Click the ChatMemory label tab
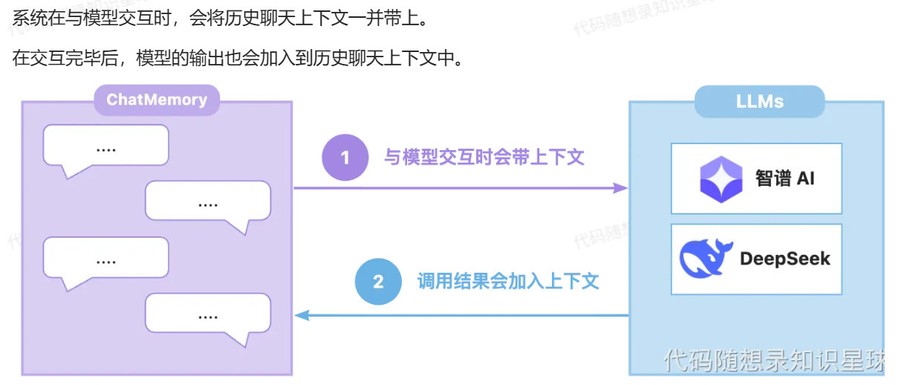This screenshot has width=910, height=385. [x=157, y=100]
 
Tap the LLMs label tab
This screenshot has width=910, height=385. [x=759, y=101]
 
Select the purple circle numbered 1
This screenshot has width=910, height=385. [x=345, y=158]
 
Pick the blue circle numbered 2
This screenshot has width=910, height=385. [x=378, y=282]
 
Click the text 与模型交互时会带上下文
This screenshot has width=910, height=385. [x=484, y=158]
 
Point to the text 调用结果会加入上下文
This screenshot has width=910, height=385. [x=508, y=282]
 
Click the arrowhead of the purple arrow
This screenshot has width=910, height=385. [x=621, y=188]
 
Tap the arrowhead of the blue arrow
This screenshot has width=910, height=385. [x=302, y=315]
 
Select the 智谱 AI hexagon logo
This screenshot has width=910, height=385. [x=721, y=179]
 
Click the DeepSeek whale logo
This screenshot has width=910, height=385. [x=705, y=258]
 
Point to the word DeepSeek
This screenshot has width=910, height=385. [x=784, y=259]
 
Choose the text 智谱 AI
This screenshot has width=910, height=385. [x=784, y=178]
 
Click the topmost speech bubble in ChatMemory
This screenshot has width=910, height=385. [x=106, y=146]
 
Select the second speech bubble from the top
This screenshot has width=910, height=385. [x=208, y=201]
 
